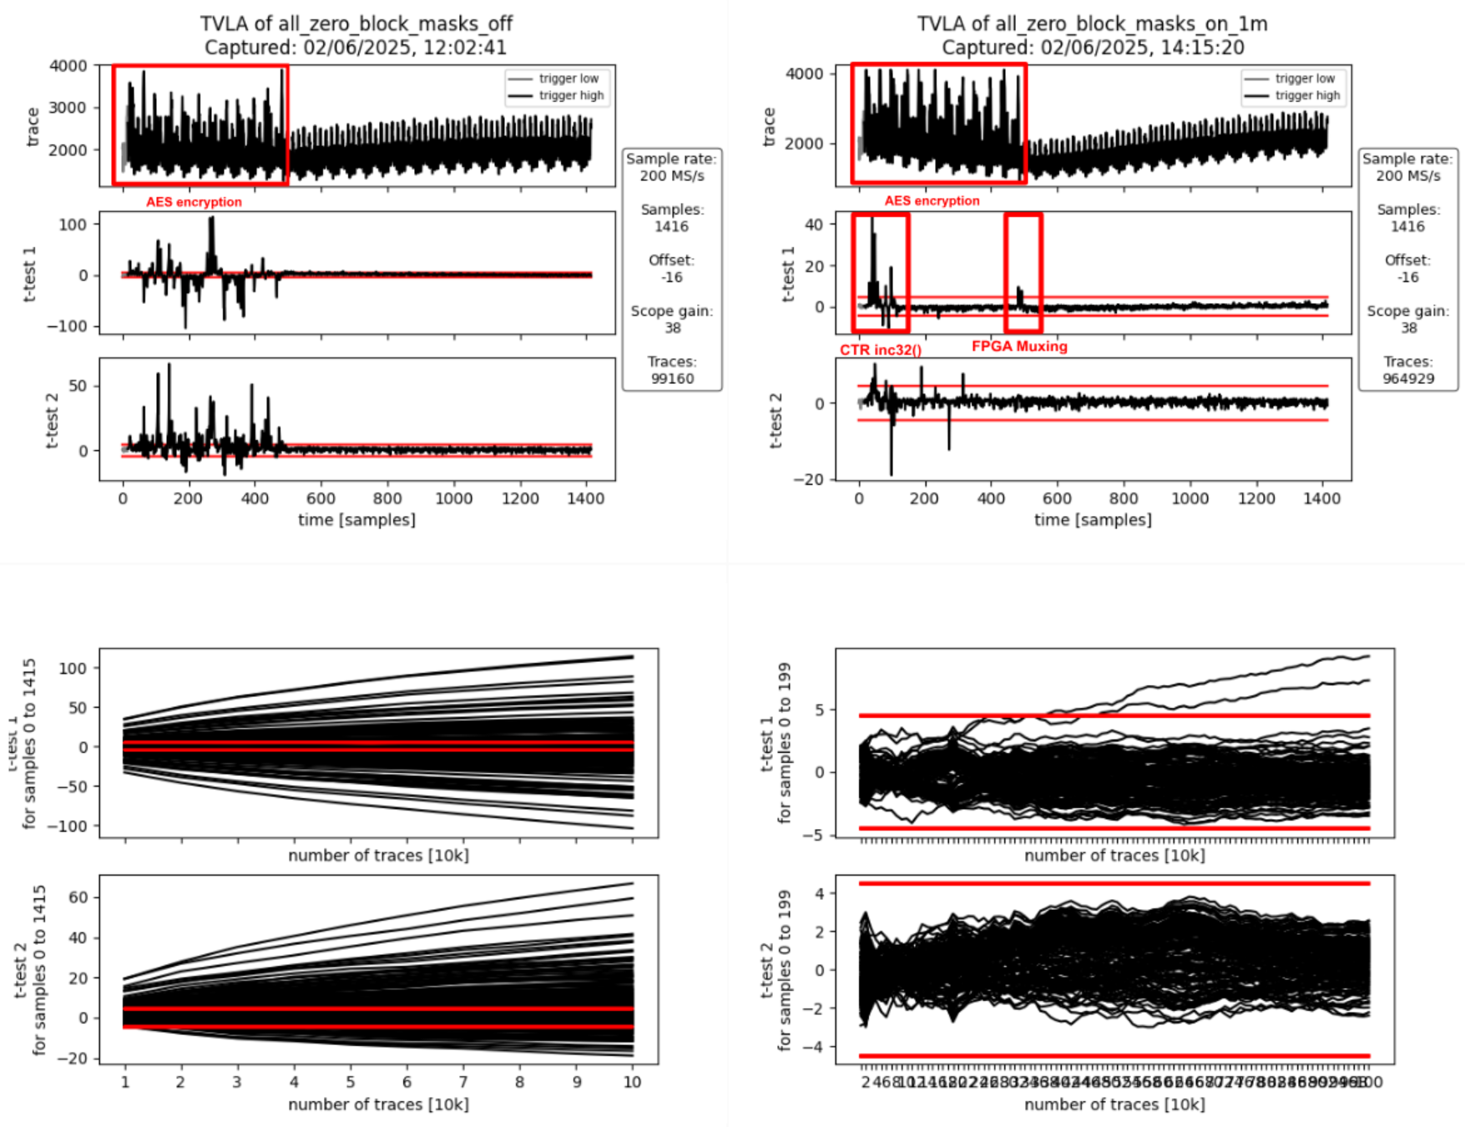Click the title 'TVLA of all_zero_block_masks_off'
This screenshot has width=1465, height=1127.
point(356,23)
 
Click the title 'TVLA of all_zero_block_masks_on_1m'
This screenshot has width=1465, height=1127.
point(1092,23)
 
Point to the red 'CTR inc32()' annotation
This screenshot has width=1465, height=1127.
point(881,350)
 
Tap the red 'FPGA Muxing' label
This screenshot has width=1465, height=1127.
point(1019,346)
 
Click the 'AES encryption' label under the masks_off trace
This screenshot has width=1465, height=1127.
point(194,202)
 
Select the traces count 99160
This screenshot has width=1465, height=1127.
point(672,378)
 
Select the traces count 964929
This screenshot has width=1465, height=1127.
point(1408,378)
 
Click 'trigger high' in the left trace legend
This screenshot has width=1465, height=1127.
point(571,95)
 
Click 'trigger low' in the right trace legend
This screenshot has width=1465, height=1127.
point(1305,78)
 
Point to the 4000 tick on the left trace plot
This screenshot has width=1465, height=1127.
point(68,66)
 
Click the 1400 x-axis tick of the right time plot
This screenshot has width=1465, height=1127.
point(1322,498)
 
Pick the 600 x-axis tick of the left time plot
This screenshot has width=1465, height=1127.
point(321,498)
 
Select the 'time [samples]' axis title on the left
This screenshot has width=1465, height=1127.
point(356,520)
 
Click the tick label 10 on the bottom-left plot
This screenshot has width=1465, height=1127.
point(632,1082)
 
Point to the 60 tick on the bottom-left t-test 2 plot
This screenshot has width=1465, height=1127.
point(78,897)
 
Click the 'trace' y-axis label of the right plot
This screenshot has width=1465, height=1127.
point(769,127)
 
